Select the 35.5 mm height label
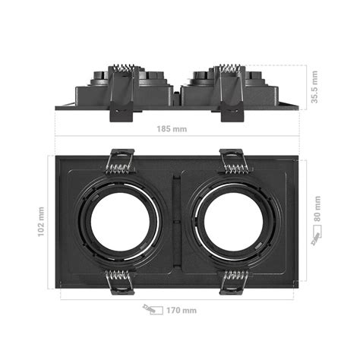314,87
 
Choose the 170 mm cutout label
181,310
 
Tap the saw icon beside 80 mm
316,238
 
